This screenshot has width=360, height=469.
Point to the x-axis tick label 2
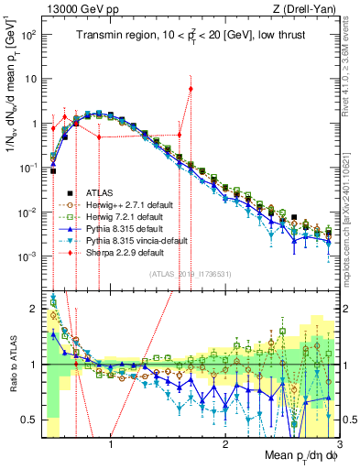(225, 443)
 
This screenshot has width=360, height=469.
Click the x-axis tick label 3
(339, 443)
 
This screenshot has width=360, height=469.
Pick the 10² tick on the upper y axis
(29, 34)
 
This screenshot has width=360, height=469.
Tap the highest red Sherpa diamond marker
(191, 89)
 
